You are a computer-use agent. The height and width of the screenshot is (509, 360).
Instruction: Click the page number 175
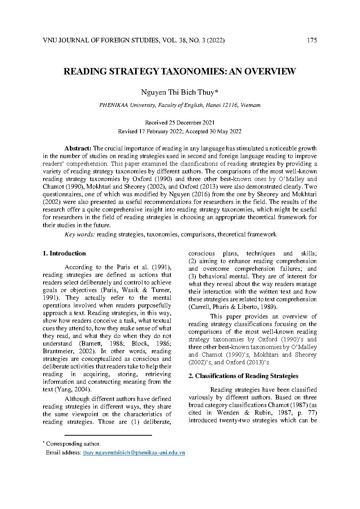pyautogui.click(x=312, y=40)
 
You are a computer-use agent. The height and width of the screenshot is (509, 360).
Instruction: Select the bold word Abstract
pyautogui.click(x=78, y=148)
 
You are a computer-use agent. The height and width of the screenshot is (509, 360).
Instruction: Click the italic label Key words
pyautogui.click(x=80, y=234)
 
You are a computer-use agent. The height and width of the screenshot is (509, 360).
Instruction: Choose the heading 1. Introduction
pyautogui.click(x=64, y=253)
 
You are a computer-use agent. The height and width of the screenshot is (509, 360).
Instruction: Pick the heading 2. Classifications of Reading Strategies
pyautogui.click(x=244, y=376)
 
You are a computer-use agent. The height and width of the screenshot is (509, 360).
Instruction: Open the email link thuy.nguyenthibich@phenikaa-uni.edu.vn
pyautogui.click(x=134, y=452)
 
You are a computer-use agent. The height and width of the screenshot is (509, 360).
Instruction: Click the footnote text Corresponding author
pyautogui.click(x=73, y=444)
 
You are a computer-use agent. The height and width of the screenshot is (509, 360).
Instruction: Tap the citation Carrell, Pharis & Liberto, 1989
pyautogui.click(x=233, y=307)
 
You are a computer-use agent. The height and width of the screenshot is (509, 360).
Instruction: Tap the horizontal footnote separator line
pyautogui.click(x=108, y=435)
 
